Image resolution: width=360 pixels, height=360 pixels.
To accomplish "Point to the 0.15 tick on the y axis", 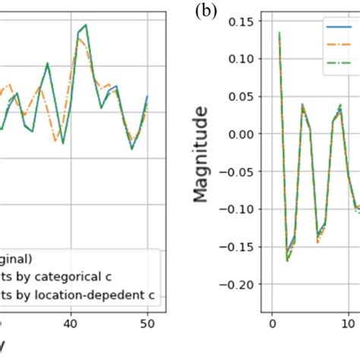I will pyautogui.click(x=241, y=21).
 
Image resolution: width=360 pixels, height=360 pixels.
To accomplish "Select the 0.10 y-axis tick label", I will pyautogui.click(x=241, y=58).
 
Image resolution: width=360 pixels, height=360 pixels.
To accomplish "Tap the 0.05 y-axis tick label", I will pyautogui.click(x=241, y=96).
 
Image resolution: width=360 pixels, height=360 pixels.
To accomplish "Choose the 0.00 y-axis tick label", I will pyautogui.click(x=241, y=134).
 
